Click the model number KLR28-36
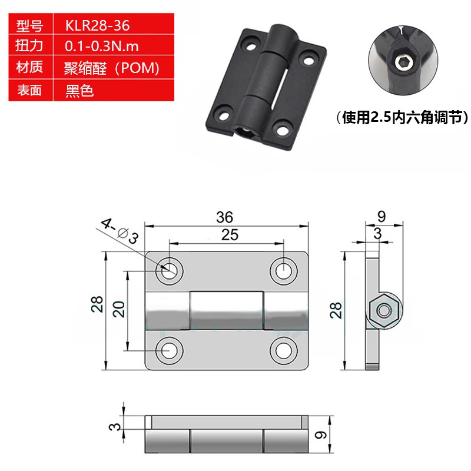pyautogui.click(x=98, y=25)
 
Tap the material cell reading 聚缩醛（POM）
pyautogui.click(x=111, y=68)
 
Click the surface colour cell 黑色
pyautogui.click(x=79, y=90)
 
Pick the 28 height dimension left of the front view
pyautogui.click(x=98, y=304)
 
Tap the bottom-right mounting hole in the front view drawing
pyautogui.click(x=284, y=350)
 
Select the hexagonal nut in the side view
pyautogui.click(x=384, y=310)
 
